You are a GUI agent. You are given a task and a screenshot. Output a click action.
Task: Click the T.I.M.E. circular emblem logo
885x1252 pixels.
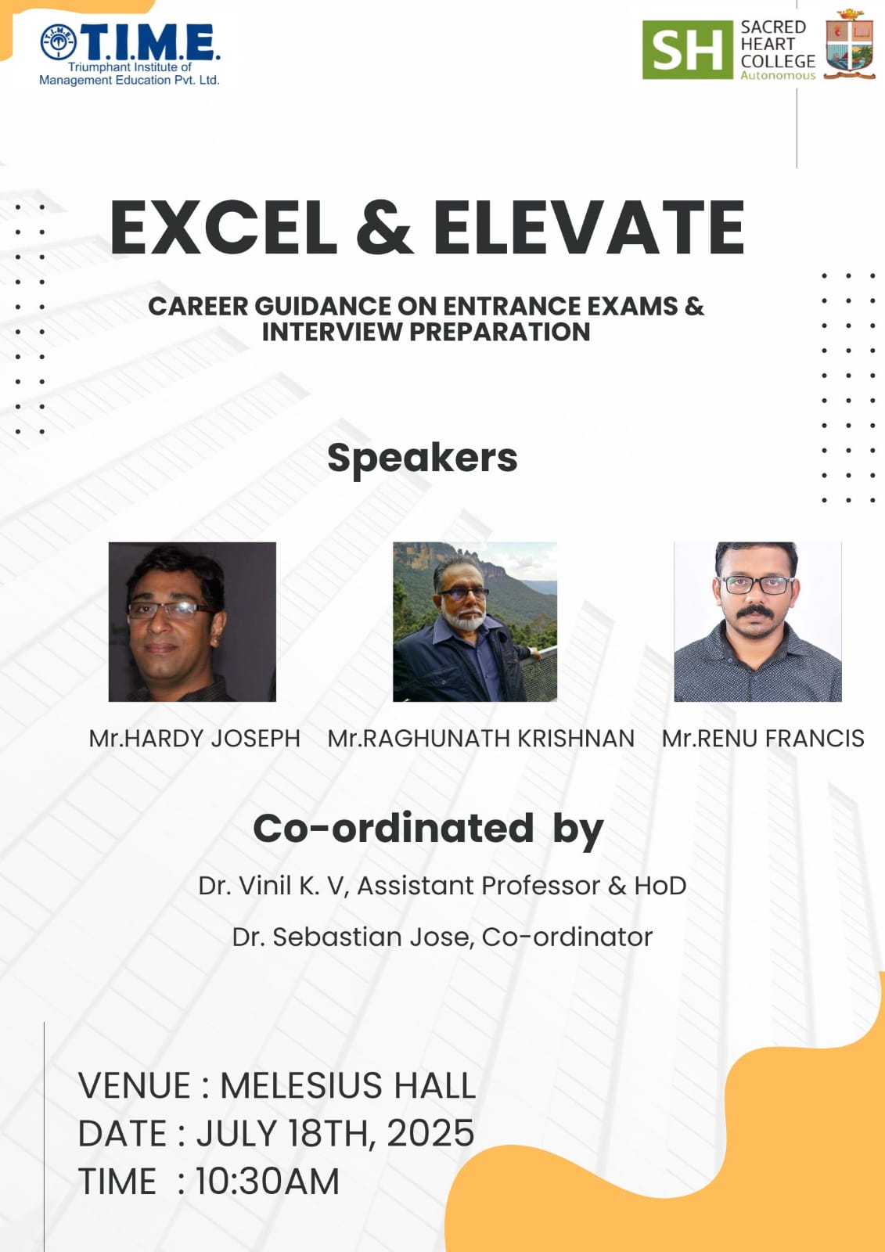(x=58, y=42)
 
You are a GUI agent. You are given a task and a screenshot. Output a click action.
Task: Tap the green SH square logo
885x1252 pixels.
(x=687, y=50)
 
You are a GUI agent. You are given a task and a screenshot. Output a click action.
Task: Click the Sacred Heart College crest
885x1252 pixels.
(x=850, y=44)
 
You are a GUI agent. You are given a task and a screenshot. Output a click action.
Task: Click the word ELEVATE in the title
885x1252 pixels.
(x=588, y=228)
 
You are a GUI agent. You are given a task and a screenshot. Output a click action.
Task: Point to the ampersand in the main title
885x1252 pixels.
(x=385, y=228)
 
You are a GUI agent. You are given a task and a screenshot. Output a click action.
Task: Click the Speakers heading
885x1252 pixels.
(x=423, y=459)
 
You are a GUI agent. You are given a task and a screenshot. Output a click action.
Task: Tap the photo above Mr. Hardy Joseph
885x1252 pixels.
(x=192, y=621)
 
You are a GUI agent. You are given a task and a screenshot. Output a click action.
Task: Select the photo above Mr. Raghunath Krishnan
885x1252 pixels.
(x=475, y=621)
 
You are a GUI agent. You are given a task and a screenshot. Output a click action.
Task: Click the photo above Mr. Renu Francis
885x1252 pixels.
(x=757, y=621)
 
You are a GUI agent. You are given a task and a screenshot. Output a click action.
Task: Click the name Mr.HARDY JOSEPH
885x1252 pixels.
(x=195, y=739)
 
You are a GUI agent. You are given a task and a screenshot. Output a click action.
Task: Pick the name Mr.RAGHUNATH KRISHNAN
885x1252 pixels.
(x=480, y=739)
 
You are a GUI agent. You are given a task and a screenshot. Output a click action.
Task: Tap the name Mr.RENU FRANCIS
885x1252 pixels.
(x=763, y=739)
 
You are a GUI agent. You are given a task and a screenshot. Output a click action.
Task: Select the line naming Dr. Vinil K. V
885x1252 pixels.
(x=442, y=886)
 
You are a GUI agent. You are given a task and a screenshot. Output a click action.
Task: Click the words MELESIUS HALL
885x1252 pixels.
(x=347, y=1085)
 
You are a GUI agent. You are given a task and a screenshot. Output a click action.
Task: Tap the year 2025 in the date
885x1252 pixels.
(x=430, y=1133)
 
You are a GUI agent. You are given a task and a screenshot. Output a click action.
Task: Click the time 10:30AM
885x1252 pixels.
(x=268, y=1181)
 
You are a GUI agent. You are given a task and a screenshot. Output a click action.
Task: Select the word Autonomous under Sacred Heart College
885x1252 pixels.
(x=778, y=75)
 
